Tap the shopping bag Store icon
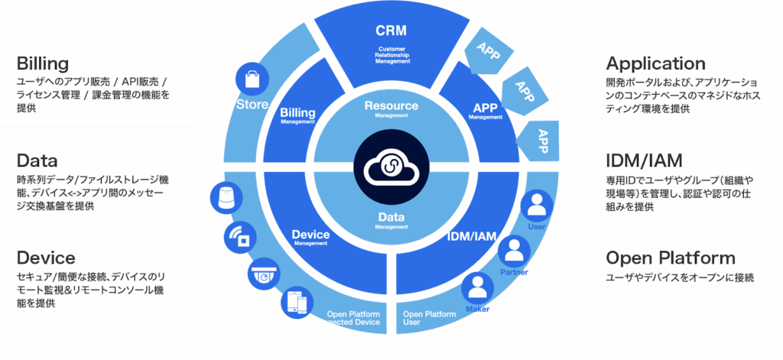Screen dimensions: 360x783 pos(252,80)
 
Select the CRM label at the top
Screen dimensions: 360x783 pos(391,31)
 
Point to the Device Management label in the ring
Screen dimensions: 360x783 pos(310,237)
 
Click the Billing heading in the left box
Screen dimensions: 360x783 pos(43,63)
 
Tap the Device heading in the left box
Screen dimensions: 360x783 pos(46,258)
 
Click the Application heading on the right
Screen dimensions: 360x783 pos(655,63)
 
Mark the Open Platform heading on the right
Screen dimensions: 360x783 pos(670,258)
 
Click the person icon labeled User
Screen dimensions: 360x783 pos(537,206)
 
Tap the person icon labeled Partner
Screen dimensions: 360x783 pos(514,249)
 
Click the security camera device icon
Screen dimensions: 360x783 pos(263,274)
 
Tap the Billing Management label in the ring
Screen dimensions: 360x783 pos(297,115)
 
